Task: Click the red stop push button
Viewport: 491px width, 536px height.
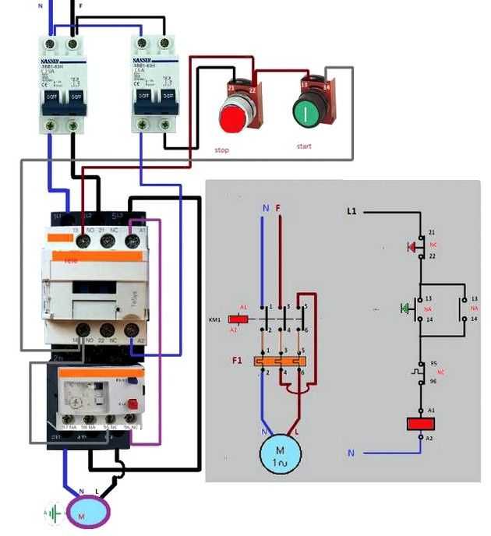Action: click(231, 118)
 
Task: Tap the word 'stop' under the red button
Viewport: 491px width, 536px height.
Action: click(221, 150)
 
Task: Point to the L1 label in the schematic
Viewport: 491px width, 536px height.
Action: click(351, 211)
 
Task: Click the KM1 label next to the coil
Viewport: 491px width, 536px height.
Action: click(216, 319)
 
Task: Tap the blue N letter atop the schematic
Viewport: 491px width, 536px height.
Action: click(266, 208)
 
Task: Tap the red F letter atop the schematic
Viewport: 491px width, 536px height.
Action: click(278, 208)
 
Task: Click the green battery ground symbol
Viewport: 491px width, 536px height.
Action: click(53, 514)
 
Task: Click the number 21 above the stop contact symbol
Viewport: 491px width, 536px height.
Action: click(431, 233)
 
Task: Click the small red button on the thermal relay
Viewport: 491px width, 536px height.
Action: click(132, 404)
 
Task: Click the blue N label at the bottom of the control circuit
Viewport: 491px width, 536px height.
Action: click(351, 453)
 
